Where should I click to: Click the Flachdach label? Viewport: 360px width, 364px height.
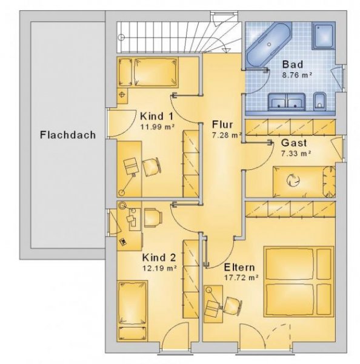pos(68,135)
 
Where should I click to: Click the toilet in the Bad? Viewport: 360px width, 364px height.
pos(320,102)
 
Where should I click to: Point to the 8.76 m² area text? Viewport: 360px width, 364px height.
pos(298,75)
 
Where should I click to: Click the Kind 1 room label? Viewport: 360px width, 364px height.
pos(157,116)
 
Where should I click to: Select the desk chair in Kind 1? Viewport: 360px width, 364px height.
pos(150,165)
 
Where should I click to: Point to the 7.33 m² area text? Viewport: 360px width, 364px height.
pos(296,153)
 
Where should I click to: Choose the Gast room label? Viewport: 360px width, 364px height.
pos(294,143)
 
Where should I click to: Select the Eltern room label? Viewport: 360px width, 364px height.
pos(239,267)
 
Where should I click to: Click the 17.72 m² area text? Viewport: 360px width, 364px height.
pos(241,277)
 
